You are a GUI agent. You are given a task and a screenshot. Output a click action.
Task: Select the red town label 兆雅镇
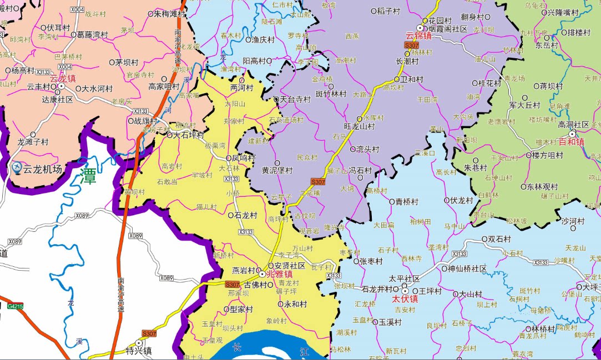coord(280,274)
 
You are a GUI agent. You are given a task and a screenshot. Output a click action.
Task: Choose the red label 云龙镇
coord(62,78)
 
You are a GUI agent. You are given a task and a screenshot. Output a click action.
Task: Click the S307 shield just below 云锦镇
coord(411,45)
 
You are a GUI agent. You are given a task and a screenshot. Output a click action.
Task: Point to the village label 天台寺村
coord(295,99)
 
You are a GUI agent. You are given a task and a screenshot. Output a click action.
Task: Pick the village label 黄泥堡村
coord(277,171)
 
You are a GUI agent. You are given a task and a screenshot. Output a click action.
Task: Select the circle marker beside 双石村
coord(484,240)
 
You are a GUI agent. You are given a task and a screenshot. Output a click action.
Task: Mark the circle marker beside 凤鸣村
coord(228,158)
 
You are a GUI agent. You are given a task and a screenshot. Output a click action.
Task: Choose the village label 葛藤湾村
coord(92,34)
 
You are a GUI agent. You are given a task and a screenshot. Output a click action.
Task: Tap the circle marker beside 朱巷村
coord(459,166)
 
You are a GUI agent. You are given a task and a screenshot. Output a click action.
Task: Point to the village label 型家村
coord(241,309)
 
